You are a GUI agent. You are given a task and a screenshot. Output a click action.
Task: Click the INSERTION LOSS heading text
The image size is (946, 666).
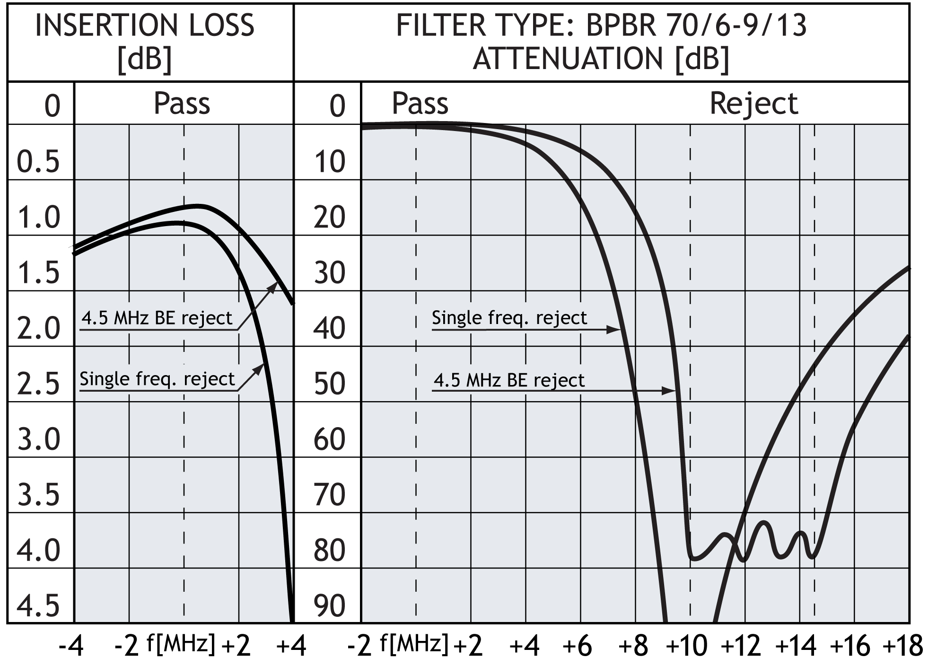[x=145, y=26]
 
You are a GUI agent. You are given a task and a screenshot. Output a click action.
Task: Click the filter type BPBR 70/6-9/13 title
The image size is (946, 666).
[x=601, y=26]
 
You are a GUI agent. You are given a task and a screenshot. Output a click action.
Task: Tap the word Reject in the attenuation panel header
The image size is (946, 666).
[x=753, y=104]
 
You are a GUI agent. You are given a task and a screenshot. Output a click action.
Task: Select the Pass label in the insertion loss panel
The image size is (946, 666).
[x=182, y=104]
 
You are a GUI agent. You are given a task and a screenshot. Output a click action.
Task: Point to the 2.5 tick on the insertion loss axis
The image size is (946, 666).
[x=39, y=384]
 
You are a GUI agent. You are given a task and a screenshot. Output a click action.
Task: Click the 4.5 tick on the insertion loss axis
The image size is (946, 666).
[x=39, y=605]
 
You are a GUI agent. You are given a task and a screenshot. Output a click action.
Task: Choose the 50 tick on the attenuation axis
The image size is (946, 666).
[x=330, y=384]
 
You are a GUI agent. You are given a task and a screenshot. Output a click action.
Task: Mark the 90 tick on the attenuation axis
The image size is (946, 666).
[x=330, y=605]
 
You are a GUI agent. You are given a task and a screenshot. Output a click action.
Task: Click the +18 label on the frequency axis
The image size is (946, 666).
[x=902, y=646]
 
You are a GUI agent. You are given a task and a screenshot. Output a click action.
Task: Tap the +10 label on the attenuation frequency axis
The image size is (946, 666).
[x=686, y=646]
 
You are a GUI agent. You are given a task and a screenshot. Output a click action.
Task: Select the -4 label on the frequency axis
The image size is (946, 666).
[x=71, y=646]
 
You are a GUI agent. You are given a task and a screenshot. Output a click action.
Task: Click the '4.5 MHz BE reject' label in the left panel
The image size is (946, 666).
[x=157, y=318]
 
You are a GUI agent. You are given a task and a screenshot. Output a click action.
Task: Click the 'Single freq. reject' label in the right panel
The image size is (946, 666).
[x=509, y=318]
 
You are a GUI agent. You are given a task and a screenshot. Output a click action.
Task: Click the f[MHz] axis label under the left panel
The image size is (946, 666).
[x=181, y=644]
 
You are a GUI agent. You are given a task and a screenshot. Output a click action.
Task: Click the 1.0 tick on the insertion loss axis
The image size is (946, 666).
[x=39, y=218]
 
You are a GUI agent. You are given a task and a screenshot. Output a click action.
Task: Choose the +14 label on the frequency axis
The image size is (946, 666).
[x=796, y=646]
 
